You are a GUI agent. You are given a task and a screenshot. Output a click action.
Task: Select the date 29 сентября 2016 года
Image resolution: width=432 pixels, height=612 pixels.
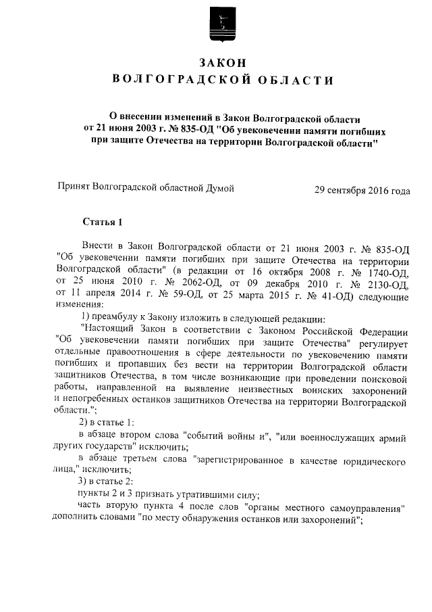(362, 190)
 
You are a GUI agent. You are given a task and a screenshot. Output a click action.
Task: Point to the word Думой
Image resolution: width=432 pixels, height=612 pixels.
(219, 189)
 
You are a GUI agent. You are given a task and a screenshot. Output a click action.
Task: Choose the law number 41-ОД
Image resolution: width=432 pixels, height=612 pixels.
(321, 297)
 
